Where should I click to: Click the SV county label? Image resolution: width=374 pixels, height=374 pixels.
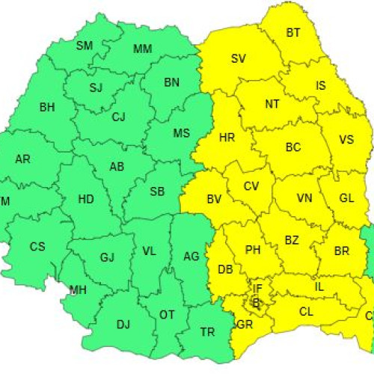(239, 58)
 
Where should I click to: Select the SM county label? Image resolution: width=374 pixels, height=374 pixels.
(85, 46)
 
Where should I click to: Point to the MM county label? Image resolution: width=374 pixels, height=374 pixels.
(142, 49)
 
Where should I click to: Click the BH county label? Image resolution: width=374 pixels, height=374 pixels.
(47, 107)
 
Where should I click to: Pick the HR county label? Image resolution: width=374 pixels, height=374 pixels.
(227, 138)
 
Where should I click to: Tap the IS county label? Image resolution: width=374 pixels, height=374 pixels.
(321, 85)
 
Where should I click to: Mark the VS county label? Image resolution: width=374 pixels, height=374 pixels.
(346, 140)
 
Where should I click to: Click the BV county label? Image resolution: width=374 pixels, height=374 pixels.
(215, 199)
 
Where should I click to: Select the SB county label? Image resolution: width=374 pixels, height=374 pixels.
(157, 191)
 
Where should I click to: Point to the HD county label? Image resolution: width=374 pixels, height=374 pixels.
(87, 199)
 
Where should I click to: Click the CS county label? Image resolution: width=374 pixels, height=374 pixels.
(37, 246)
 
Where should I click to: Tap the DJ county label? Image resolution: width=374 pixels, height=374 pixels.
(123, 324)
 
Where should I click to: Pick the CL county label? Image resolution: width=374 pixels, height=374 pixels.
(306, 311)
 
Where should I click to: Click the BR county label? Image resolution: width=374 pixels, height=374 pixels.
(343, 251)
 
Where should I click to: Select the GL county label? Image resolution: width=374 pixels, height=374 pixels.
(346, 198)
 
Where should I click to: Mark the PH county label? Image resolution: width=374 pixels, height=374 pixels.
(252, 250)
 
